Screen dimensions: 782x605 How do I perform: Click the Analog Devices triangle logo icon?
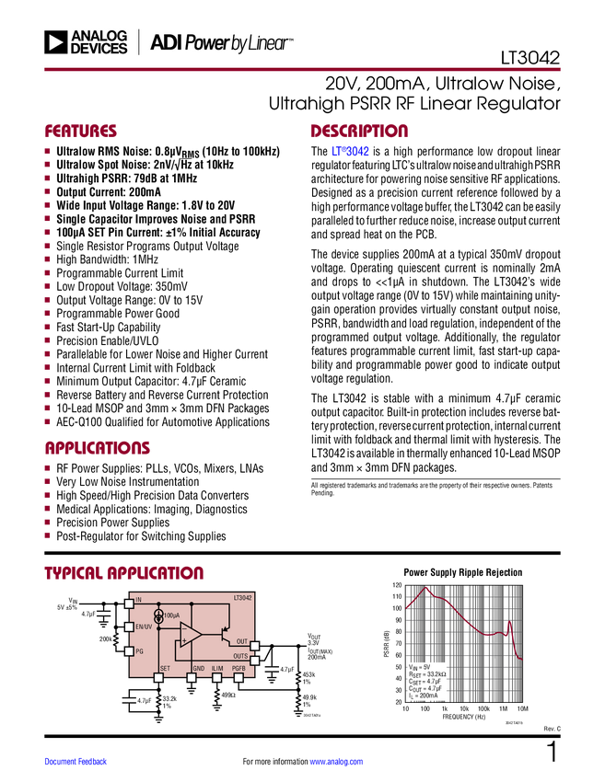(55, 42)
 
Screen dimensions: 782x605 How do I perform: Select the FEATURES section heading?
(81, 132)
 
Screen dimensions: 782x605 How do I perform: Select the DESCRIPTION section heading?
(359, 132)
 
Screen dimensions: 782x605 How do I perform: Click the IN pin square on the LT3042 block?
(129, 601)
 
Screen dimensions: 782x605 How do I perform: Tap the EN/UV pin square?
(129, 627)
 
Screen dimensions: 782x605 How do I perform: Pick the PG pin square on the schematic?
(129, 650)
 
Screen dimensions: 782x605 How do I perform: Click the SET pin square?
(158, 678)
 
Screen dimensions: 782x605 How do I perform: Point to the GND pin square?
(192, 678)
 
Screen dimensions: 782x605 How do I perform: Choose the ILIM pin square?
(217, 678)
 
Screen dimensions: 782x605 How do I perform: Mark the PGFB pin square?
(239, 678)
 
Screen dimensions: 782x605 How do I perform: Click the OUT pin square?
(255, 647)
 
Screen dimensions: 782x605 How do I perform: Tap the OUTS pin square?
(255, 660)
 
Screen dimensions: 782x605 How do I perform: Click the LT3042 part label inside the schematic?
(242, 598)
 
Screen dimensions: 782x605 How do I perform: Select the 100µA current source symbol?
(158, 615)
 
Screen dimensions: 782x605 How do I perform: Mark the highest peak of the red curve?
(426, 588)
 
